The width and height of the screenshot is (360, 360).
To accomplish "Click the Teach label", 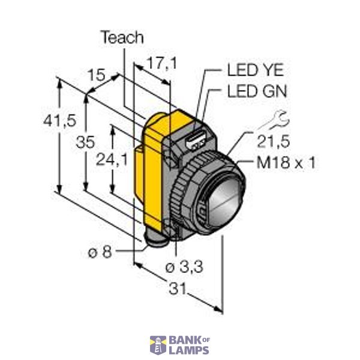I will pos(122,38).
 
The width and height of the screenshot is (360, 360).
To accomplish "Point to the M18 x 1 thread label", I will pos(286,162).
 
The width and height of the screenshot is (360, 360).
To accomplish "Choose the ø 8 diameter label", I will pos(100,252).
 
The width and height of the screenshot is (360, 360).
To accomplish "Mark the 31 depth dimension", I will pos(176,289).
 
